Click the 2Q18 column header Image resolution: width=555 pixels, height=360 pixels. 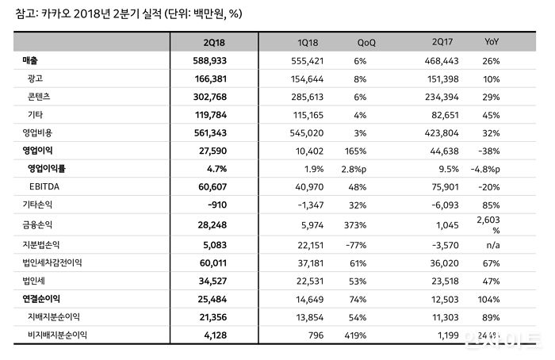(x=216, y=41)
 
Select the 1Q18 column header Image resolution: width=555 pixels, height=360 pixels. (x=308, y=41)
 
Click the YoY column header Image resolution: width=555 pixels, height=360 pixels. (x=492, y=41)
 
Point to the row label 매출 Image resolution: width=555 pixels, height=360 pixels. (x=32, y=60)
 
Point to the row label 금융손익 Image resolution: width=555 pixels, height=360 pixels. (x=38, y=224)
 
